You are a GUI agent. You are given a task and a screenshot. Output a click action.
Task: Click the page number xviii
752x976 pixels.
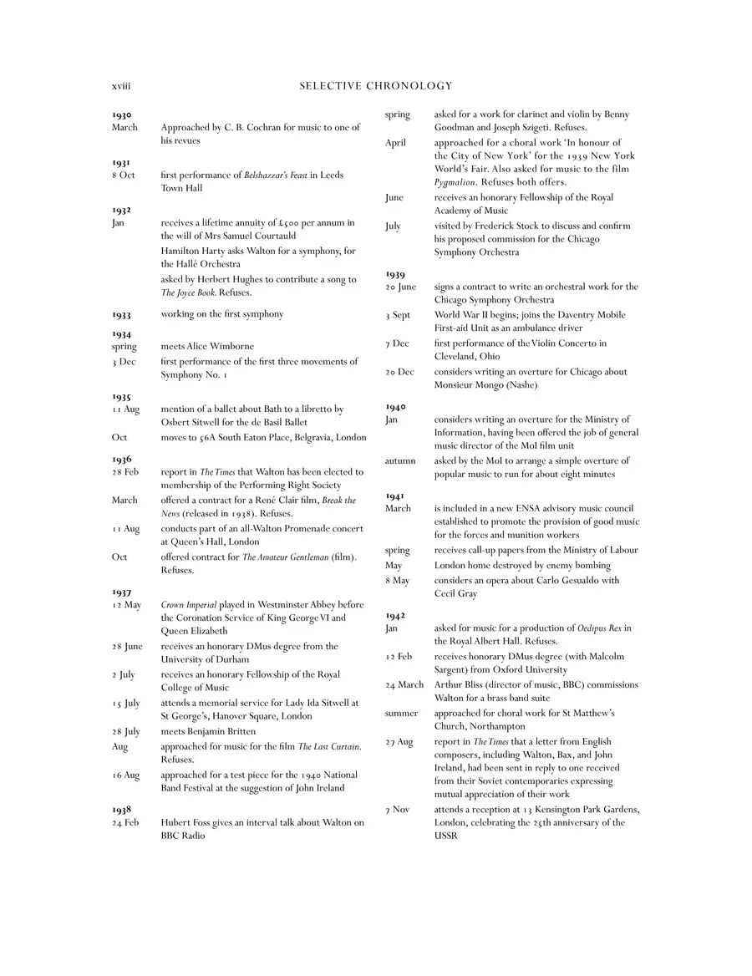tap(121, 86)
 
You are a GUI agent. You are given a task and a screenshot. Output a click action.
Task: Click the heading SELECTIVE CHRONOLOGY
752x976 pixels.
tap(375, 86)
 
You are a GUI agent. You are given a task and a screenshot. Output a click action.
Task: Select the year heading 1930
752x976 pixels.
tap(121, 114)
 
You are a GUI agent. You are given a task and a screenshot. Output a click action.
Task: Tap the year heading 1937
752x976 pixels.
tap(121, 592)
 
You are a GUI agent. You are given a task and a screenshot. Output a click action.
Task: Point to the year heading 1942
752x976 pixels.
tap(395, 615)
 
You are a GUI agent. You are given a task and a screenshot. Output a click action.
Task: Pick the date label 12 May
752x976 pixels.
tap(127, 605)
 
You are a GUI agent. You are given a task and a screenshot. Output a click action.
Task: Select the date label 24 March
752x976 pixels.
tap(404, 685)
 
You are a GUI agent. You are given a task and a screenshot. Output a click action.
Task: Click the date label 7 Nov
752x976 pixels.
tap(398, 810)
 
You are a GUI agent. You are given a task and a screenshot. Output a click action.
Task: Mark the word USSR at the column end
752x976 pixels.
tap(446, 836)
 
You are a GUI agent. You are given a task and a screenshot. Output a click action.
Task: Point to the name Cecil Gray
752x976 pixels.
tap(455, 594)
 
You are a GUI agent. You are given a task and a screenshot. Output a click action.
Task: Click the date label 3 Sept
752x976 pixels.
tap(398, 315)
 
